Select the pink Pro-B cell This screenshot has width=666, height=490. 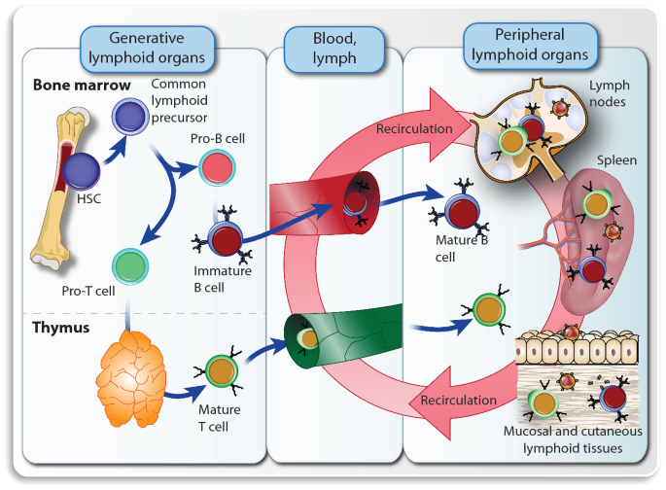pos(215,167)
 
